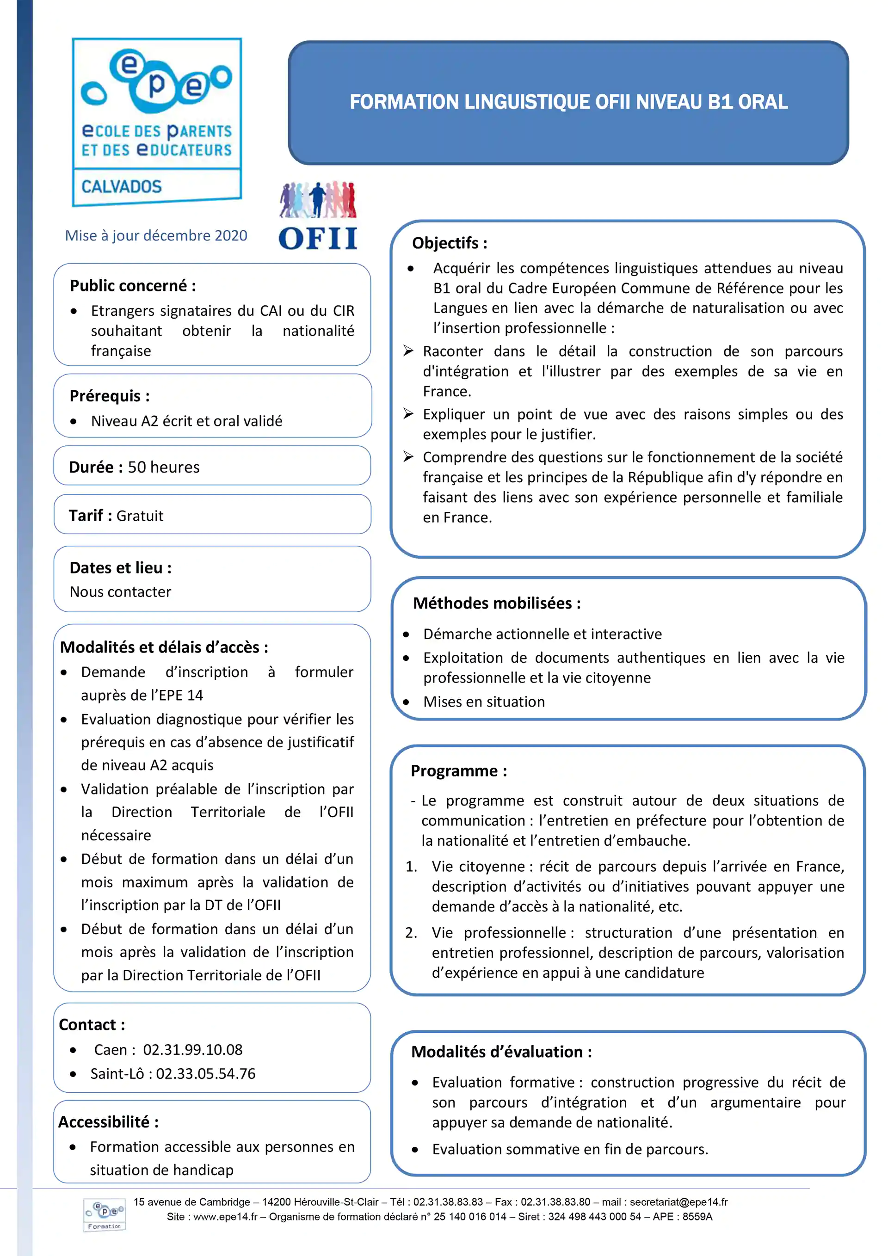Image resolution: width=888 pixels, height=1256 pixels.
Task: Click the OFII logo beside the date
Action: pos(318,216)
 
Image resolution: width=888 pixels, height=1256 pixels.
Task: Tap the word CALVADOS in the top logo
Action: pos(122,187)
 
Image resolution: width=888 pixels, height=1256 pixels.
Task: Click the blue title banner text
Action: pos(568,102)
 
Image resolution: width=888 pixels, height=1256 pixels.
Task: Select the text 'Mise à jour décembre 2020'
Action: pos(156,236)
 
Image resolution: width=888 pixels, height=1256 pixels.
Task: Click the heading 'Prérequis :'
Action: pos(110,396)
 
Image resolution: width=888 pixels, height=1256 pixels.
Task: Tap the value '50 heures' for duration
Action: pos(164,467)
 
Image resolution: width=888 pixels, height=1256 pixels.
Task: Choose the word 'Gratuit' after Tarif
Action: pos(140,516)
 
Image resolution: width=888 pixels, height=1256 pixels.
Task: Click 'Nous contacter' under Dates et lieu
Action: pos(120,592)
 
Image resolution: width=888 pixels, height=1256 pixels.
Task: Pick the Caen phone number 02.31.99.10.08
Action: pos(192,1050)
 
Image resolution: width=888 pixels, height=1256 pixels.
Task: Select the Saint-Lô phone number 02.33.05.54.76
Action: pos(206,1074)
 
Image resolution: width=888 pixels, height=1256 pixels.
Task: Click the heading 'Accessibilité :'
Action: pos(109,1122)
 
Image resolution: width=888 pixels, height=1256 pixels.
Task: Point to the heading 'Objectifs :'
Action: pos(450,243)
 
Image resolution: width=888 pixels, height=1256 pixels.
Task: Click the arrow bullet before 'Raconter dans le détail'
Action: pos(408,351)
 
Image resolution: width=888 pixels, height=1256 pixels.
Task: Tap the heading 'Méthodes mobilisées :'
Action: pos(497,603)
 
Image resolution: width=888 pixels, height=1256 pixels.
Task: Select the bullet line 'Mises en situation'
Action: pos(484,702)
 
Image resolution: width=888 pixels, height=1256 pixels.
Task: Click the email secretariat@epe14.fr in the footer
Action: pos(678,1202)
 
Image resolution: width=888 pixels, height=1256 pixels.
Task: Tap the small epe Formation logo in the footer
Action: pos(105,1214)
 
